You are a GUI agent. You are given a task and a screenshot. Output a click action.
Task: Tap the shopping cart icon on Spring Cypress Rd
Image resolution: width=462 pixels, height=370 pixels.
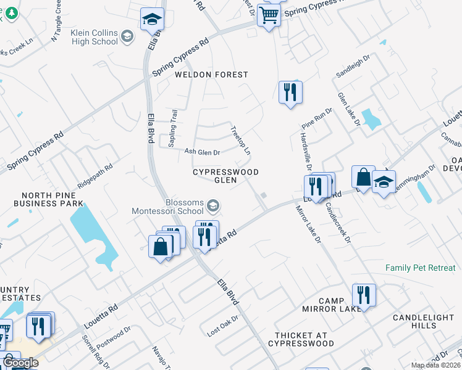269,15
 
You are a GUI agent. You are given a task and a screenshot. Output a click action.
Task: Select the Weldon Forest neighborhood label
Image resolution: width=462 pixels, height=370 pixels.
211,75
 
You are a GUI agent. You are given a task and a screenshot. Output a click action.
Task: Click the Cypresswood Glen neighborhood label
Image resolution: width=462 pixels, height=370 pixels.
225,176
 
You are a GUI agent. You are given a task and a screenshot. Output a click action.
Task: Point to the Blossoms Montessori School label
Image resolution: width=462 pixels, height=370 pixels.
167,207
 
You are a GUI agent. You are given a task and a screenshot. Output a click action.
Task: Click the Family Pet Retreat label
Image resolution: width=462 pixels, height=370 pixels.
420,268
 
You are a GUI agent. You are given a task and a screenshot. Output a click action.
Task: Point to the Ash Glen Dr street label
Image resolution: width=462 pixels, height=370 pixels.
203,152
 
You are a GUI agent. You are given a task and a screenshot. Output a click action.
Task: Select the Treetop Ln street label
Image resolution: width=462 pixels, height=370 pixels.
241,141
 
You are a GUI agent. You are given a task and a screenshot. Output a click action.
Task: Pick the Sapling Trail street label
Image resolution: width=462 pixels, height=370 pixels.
174,128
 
